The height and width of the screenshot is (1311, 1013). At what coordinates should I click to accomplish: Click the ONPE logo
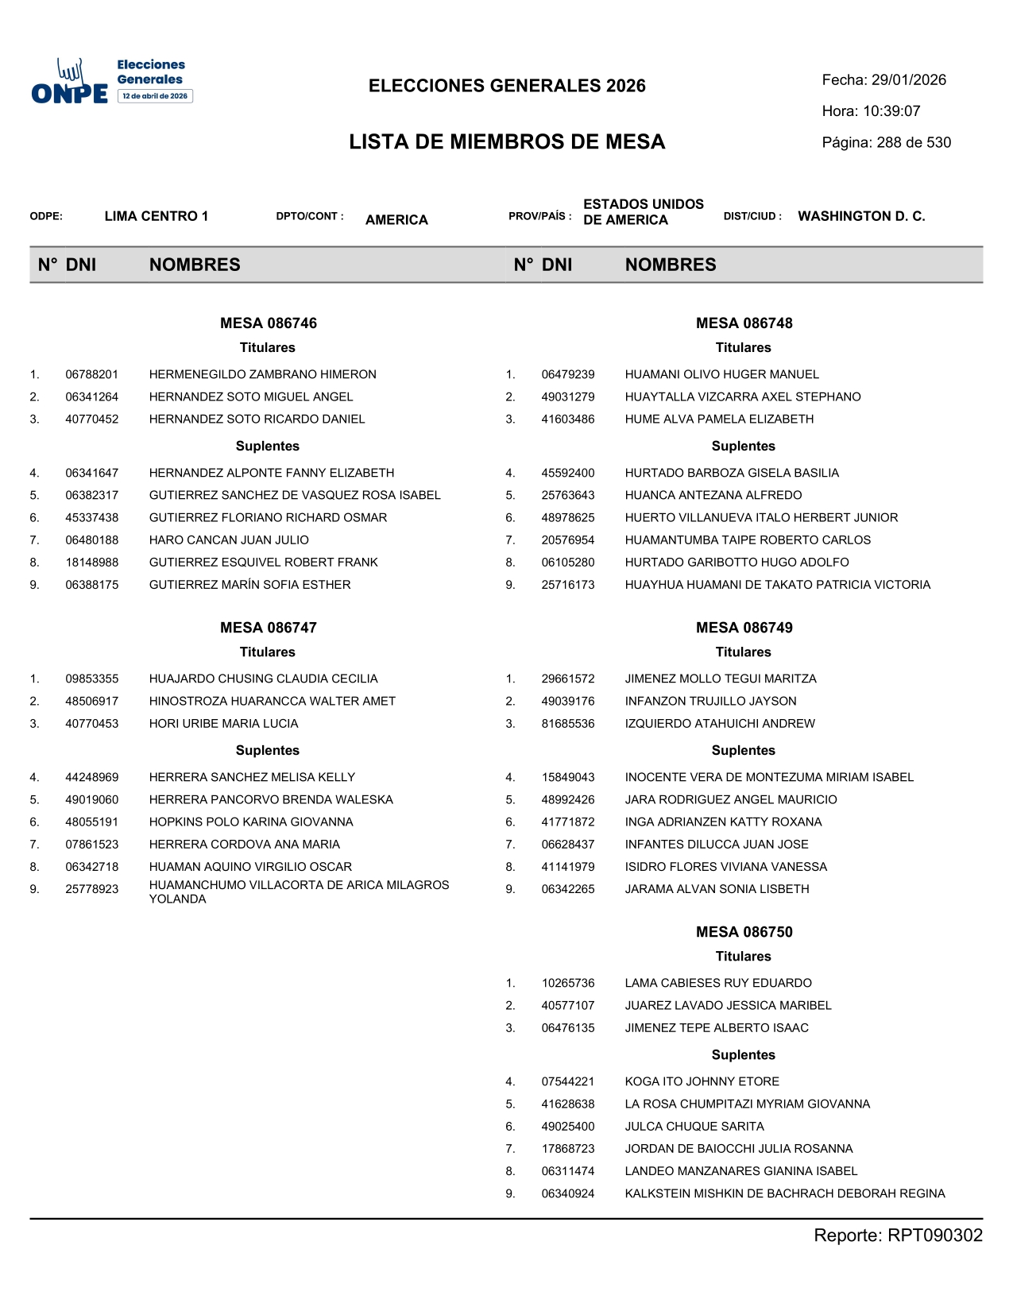click(111, 81)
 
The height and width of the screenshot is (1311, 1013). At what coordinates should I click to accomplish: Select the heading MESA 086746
click(268, 323)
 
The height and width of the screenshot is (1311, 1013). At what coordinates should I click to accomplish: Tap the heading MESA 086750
click(744, 932)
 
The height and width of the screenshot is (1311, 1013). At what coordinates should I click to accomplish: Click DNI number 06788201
click(91, 374)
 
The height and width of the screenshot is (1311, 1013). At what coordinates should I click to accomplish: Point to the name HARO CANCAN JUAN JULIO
click(229, 540)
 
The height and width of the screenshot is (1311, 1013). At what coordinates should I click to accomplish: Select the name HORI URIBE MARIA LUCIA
click(223, 724)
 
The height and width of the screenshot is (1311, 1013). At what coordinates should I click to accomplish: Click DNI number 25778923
click(91, 889)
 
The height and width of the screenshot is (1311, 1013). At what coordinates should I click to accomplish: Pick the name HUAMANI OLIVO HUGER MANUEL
click(721, 374)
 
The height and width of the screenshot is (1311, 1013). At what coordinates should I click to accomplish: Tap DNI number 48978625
click(567, 518)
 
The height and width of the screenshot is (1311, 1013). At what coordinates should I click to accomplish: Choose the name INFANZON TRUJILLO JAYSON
click(710, 702)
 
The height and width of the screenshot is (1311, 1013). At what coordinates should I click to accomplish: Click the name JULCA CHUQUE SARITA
click(694, 1127)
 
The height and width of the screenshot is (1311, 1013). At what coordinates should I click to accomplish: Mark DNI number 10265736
click(567, 984)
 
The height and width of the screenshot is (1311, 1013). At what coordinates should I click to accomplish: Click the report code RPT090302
click(934, 1236)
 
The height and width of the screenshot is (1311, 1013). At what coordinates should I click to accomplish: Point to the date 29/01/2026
click(908, 80)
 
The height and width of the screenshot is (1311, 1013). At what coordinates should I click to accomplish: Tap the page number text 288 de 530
click(914, 143)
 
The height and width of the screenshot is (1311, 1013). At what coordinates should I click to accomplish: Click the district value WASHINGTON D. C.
click(861, 216)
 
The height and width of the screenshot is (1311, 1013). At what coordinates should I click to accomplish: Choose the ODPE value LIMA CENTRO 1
click(156, 216)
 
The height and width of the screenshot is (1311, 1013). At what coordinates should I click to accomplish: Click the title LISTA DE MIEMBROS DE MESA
click(507, 142)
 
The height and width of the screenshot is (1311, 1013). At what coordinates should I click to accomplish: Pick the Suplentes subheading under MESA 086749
click(743, 751)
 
